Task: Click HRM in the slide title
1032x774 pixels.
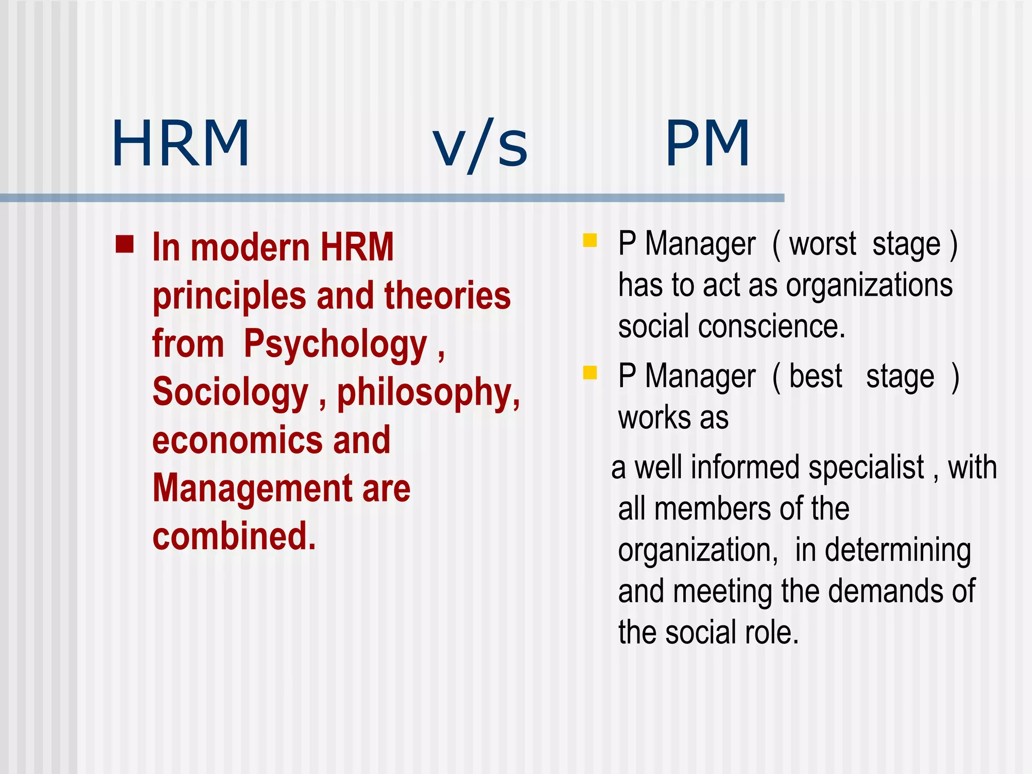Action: click(x=180, y=144)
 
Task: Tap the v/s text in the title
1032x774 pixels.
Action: click(x=480, y=146)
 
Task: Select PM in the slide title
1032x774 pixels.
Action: click(x=707, y=144)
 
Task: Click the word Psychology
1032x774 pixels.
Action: click(x=336, y=345)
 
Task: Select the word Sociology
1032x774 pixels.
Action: click(x=230, y=393)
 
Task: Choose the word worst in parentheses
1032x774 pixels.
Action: click(x=822, y=244)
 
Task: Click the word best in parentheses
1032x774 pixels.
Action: click(x=815, y=376)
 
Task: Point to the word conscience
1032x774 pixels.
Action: click(x=771, y=327)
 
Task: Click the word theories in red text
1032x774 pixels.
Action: click(x=447, y=296)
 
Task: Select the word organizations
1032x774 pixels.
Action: click(x=869, y=286)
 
